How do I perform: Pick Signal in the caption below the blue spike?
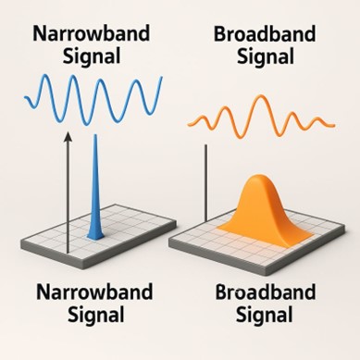point(90,317)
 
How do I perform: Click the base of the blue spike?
point(95,235)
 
